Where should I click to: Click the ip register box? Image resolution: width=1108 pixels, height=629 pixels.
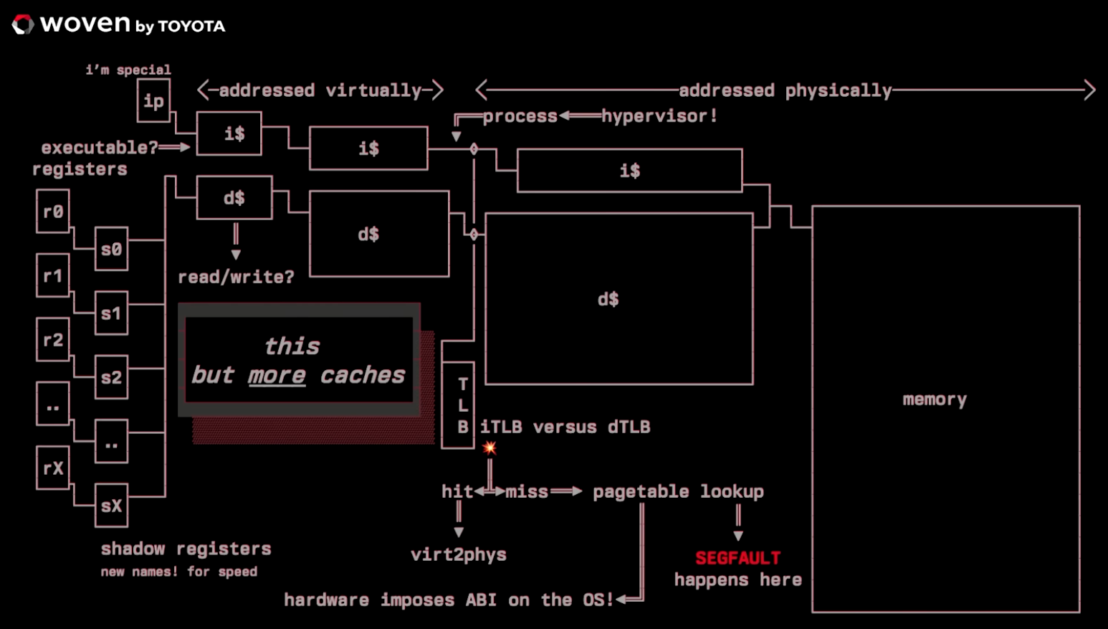pos(153,101)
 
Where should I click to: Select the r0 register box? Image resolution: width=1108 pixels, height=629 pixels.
pos(53,212)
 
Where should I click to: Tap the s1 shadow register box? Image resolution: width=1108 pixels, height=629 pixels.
pos(111,313)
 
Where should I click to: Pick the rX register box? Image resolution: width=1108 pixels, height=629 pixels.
pos(53,468)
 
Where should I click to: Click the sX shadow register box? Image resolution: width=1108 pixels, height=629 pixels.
pos(111,506)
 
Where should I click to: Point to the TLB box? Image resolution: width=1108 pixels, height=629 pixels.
pos(459,405)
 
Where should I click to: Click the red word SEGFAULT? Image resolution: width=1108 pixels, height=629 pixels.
pos(737,558)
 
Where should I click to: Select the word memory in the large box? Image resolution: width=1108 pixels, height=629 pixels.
pos(935,399)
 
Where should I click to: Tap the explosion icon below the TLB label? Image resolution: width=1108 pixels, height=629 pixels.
pos(489,448)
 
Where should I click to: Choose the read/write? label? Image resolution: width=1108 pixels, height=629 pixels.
pos(236,277)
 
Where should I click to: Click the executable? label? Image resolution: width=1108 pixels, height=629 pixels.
pos(99,148)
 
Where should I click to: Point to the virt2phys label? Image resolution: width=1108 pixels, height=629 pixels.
pos(459,554)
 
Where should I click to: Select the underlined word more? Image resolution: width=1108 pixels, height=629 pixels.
pos(277,375)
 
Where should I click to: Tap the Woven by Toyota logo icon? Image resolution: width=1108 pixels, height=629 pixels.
pos(23,25)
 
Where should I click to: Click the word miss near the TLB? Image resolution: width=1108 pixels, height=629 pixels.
pos(527,492)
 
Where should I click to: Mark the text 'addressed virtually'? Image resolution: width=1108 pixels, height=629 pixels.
pos(320,90)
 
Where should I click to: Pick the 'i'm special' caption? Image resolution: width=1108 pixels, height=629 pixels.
pos(128,70)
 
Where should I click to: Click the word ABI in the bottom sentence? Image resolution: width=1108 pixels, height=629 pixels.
pos(480,600)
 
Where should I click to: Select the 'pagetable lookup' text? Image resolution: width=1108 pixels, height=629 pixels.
pos(678,492)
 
